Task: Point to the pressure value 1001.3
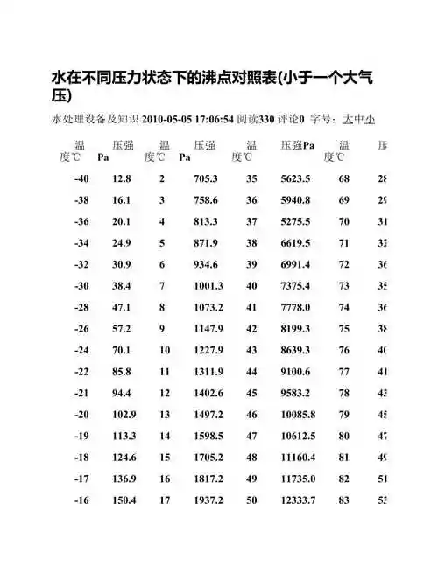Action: pyautogui.click(x=210, y=285)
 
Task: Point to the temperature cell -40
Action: pyautogui.click(x=82, y=179)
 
